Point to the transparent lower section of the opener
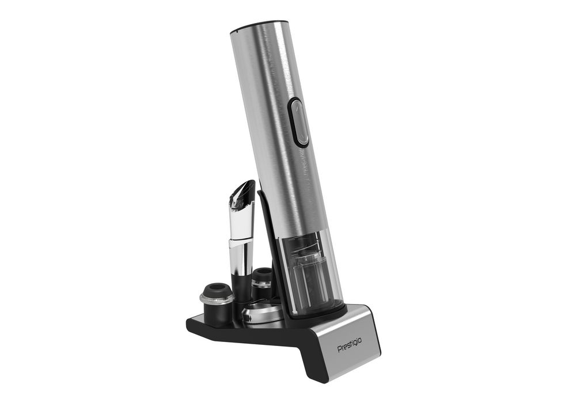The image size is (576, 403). pos(312,275)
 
